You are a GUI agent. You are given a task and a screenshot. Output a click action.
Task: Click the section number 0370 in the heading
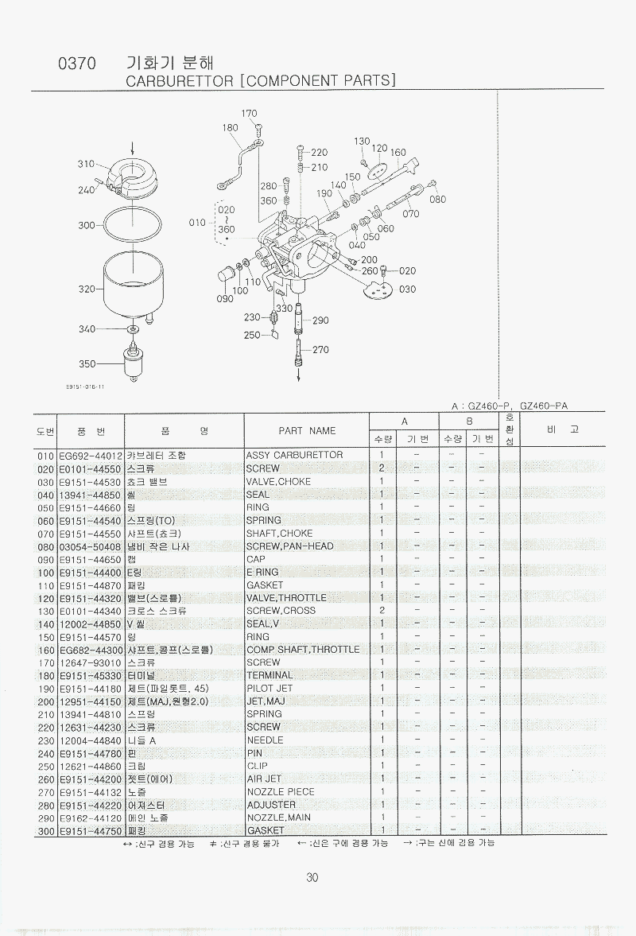[x=77, y=64]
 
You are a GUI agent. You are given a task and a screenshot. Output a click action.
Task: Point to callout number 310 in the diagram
[x=86, y=164]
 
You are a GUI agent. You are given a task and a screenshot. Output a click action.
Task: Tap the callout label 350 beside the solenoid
[x=87, y=364]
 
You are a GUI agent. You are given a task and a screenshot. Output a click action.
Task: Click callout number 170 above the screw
[x=249, y=114]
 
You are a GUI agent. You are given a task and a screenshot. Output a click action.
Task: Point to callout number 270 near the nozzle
[x=320, y=350]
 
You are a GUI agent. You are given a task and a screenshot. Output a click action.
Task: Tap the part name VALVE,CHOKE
[x=279, y=481]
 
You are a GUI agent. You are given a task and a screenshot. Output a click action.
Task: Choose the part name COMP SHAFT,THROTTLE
[x=303, y=650]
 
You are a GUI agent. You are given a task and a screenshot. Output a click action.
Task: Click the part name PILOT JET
[x=270, y=689]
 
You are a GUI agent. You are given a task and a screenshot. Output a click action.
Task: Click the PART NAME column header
[x=307, y=431]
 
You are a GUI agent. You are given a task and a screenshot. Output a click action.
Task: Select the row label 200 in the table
[x=45, y=701]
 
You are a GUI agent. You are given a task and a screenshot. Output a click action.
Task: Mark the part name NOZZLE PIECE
[x=281, y=792]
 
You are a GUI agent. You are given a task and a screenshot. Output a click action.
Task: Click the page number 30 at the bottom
[x=312, y=878]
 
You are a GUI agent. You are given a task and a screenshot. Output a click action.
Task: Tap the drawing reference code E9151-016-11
[x=85, y=387]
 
